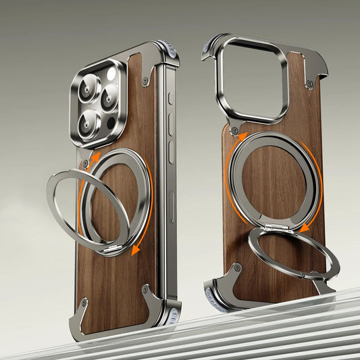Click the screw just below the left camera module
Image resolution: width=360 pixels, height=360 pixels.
coord(85,163)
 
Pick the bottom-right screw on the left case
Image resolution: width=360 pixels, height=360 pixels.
coord(145,290)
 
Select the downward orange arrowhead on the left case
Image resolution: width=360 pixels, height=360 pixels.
coord(136,250)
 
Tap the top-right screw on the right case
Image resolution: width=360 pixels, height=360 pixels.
coord(309,84)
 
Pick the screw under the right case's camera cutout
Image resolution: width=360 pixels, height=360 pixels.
coord(234,130)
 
